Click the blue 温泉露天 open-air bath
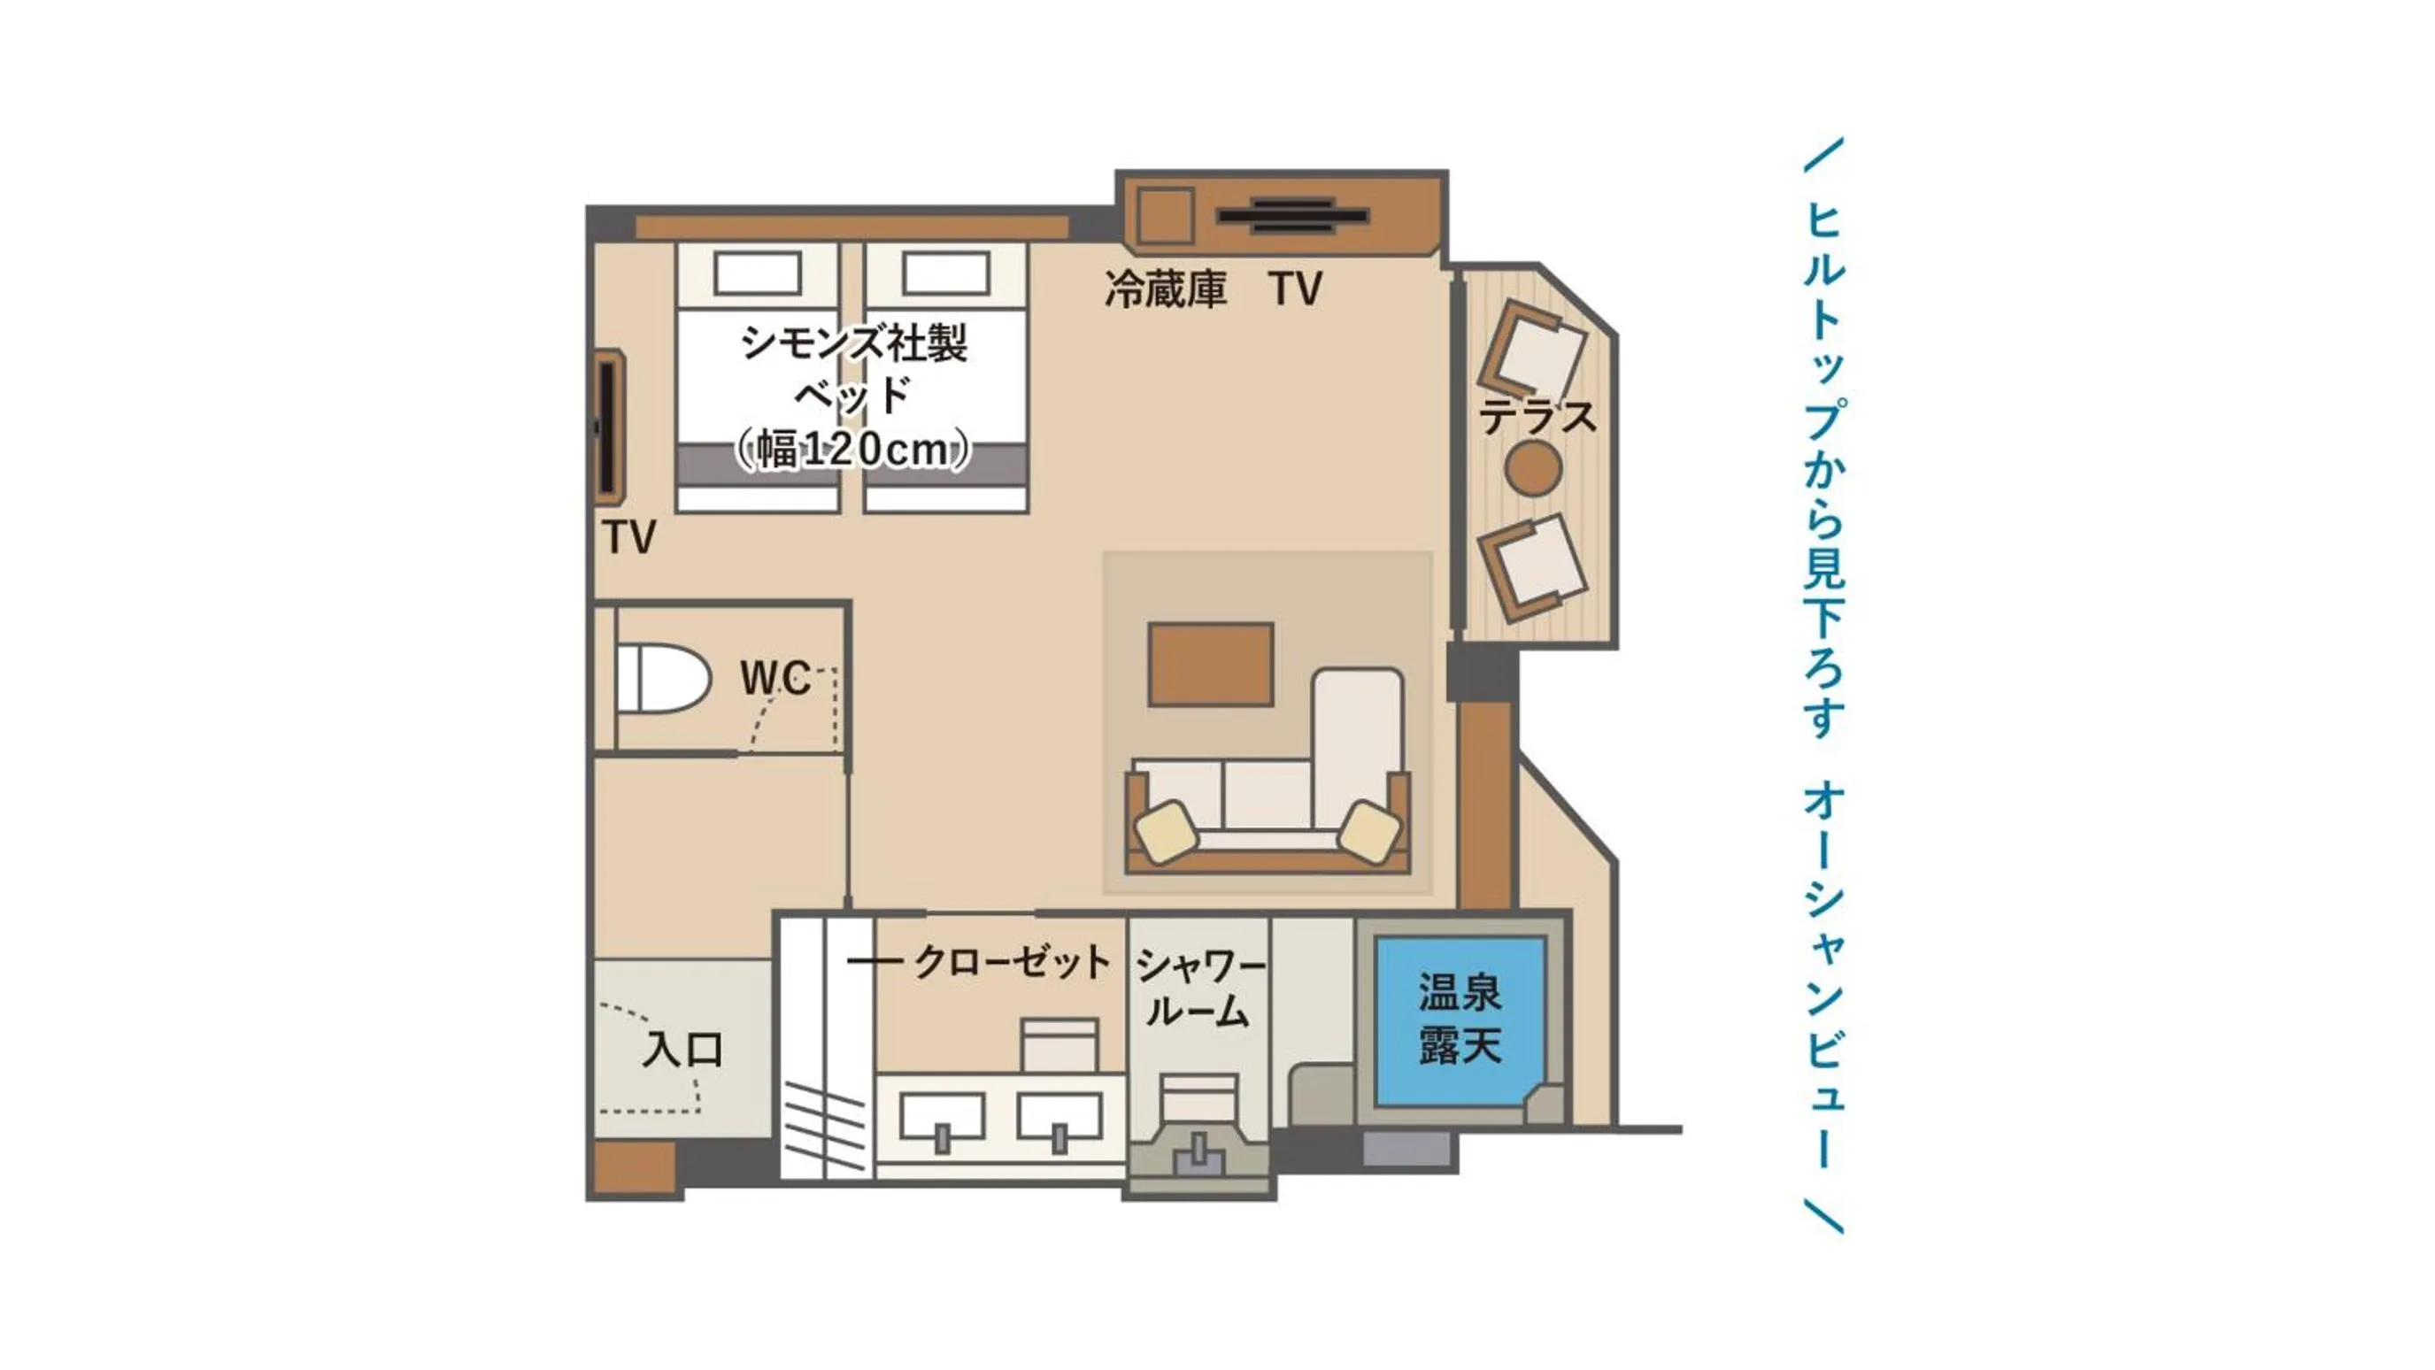pos(1460,1020)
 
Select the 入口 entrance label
pos(682,1050)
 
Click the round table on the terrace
pos(1532,469)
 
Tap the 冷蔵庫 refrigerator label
pos(1166,289)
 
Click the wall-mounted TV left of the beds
pos(607,428)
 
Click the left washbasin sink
pos(942,1117)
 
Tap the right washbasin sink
pos(1060,1117)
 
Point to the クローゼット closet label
pos(1012,962)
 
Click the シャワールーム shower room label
pos(1198,989)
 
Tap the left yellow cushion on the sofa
pos(1167,830)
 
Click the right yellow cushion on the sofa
pos(1369,830)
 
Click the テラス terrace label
pos(1537,417)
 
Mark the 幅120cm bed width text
pos(852,450)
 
